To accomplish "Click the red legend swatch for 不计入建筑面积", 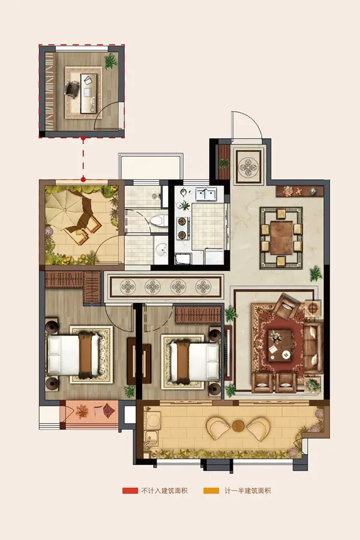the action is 130,490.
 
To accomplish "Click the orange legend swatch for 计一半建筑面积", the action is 211,490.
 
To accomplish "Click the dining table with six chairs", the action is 281,238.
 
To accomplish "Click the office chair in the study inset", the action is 72,89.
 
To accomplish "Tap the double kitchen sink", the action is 206,194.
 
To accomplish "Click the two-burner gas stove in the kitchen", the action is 182,228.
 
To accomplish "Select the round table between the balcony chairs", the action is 238,426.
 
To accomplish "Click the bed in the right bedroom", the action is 194,361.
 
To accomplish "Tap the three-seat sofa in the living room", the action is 313,347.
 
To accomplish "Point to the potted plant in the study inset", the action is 110,61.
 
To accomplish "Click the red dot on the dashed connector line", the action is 83,179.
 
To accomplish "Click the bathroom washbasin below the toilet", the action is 161,248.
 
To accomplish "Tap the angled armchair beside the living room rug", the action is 286,305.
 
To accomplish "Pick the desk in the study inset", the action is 88,93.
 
